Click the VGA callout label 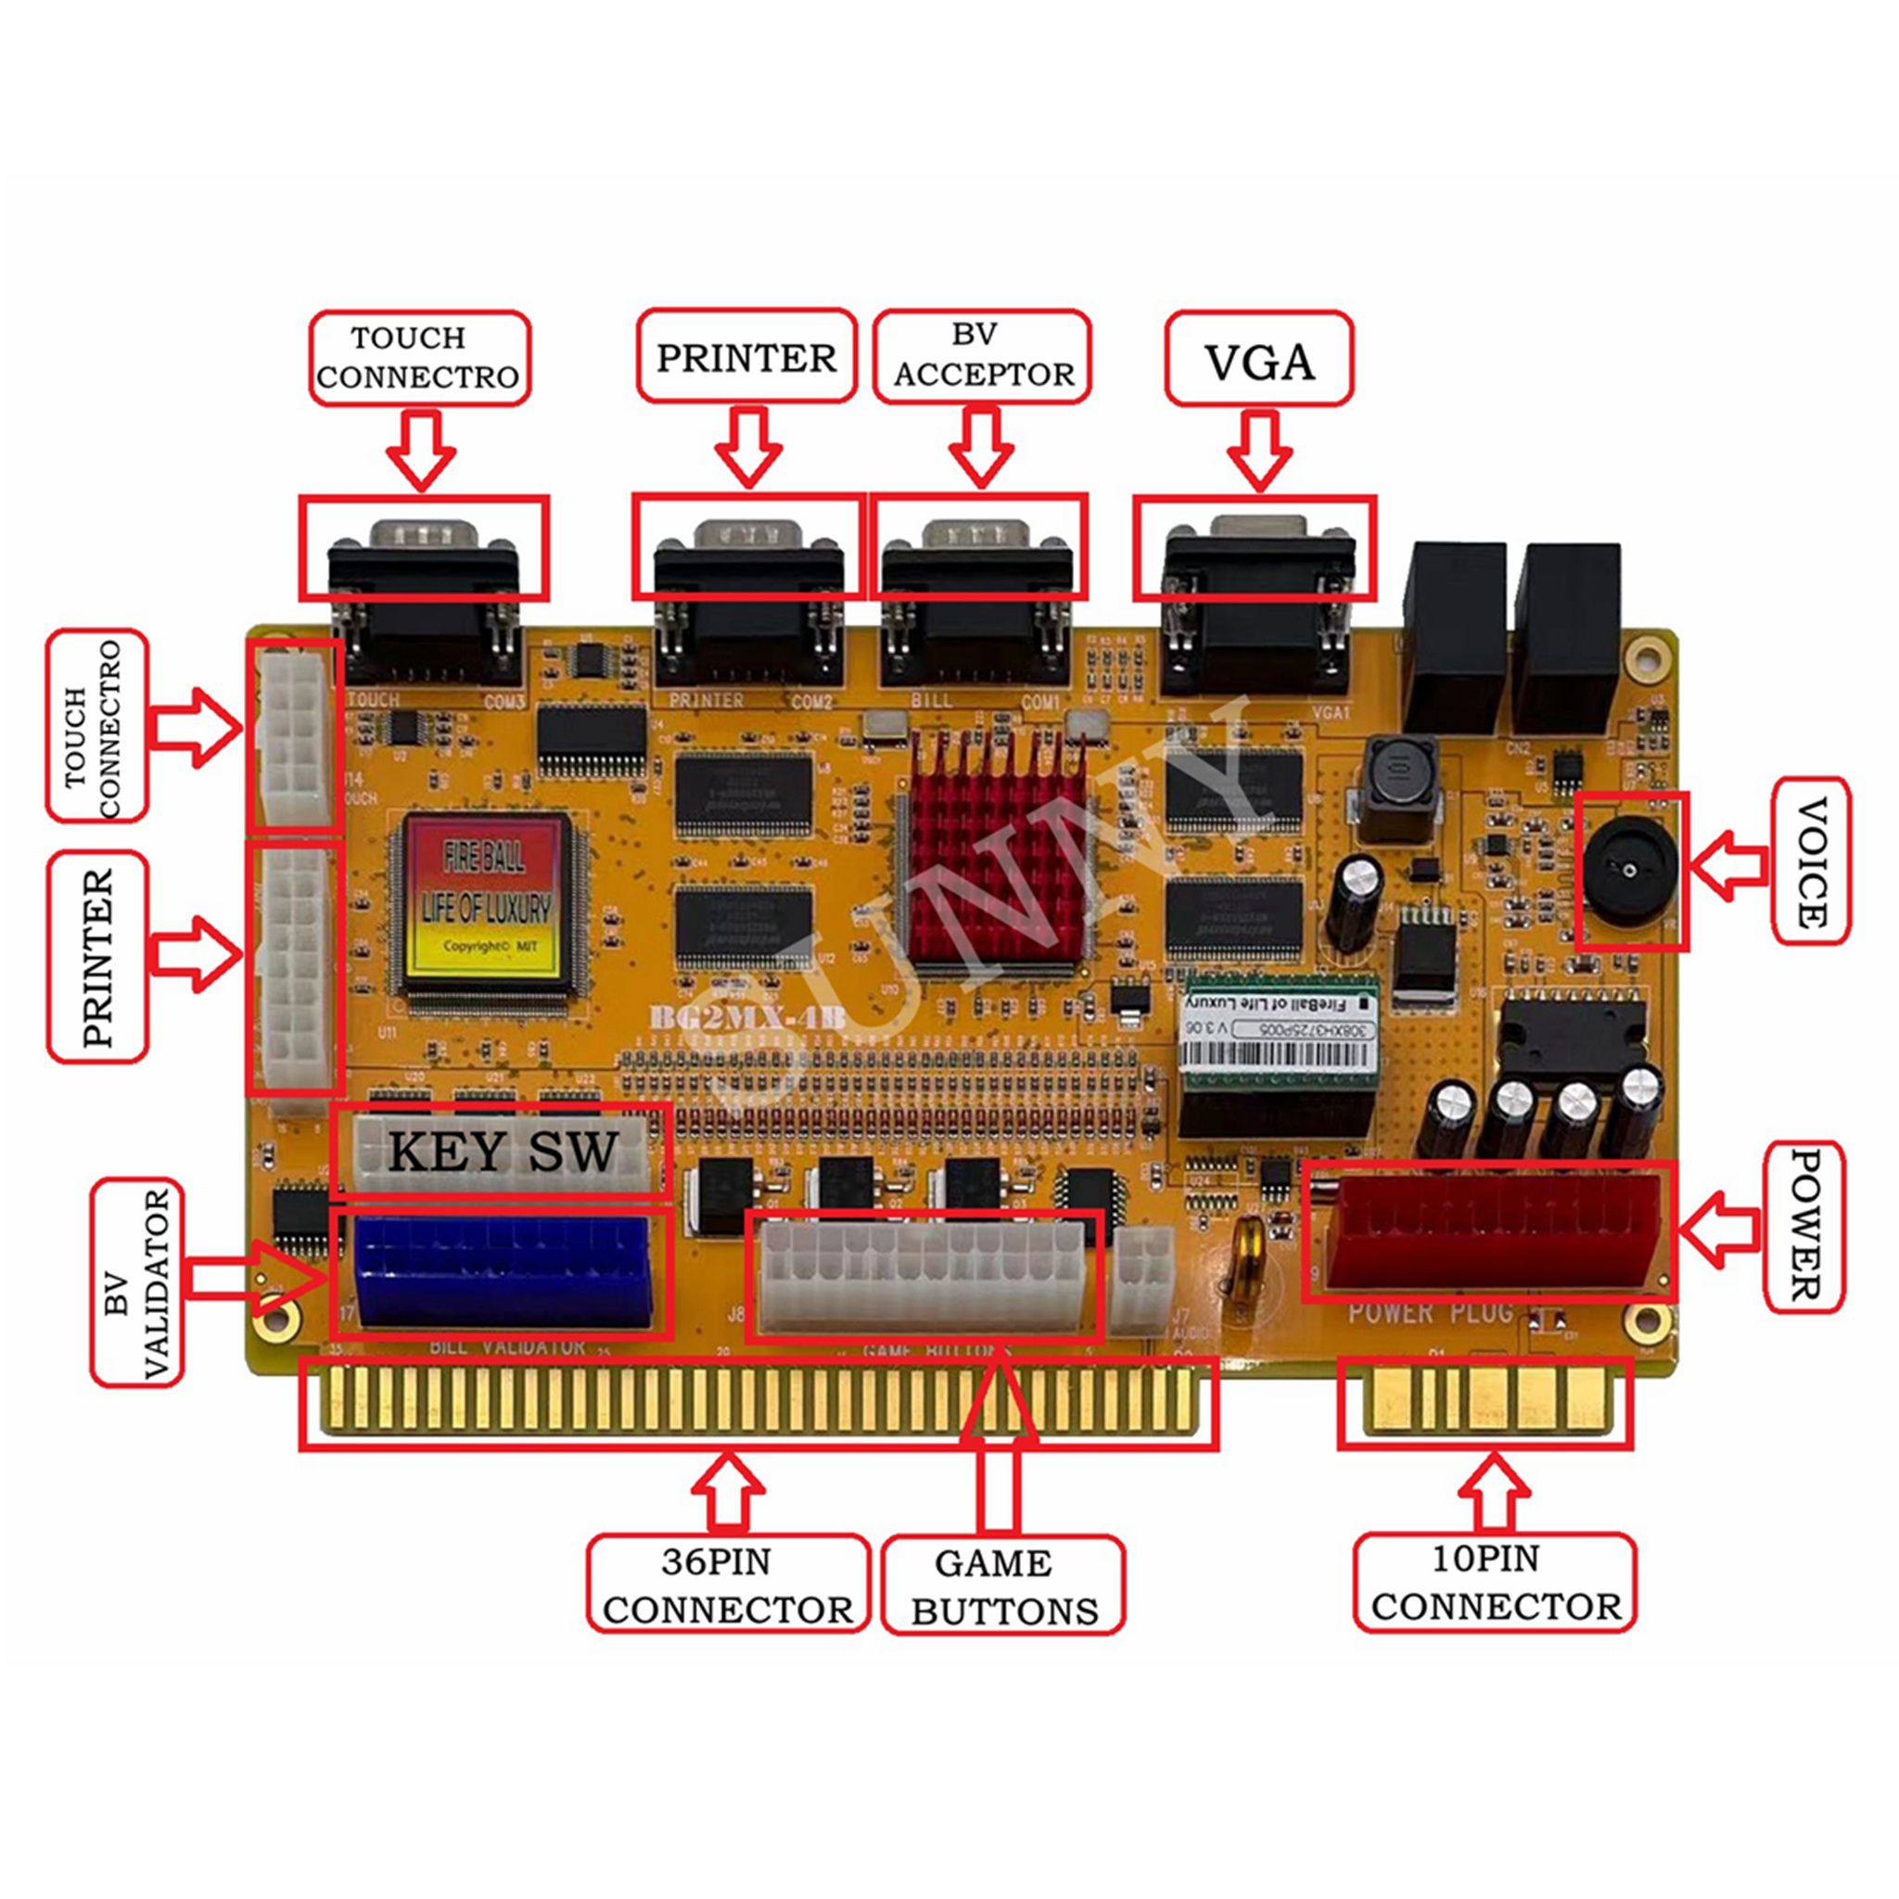1258,360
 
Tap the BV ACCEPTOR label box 982,356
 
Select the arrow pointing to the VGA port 1259,449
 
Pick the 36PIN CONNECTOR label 728,1586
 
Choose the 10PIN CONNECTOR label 1495,1584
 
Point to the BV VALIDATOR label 137,1281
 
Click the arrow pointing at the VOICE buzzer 1729,866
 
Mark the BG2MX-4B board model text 747,1017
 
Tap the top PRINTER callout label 746,357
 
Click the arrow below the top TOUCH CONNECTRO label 421,449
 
